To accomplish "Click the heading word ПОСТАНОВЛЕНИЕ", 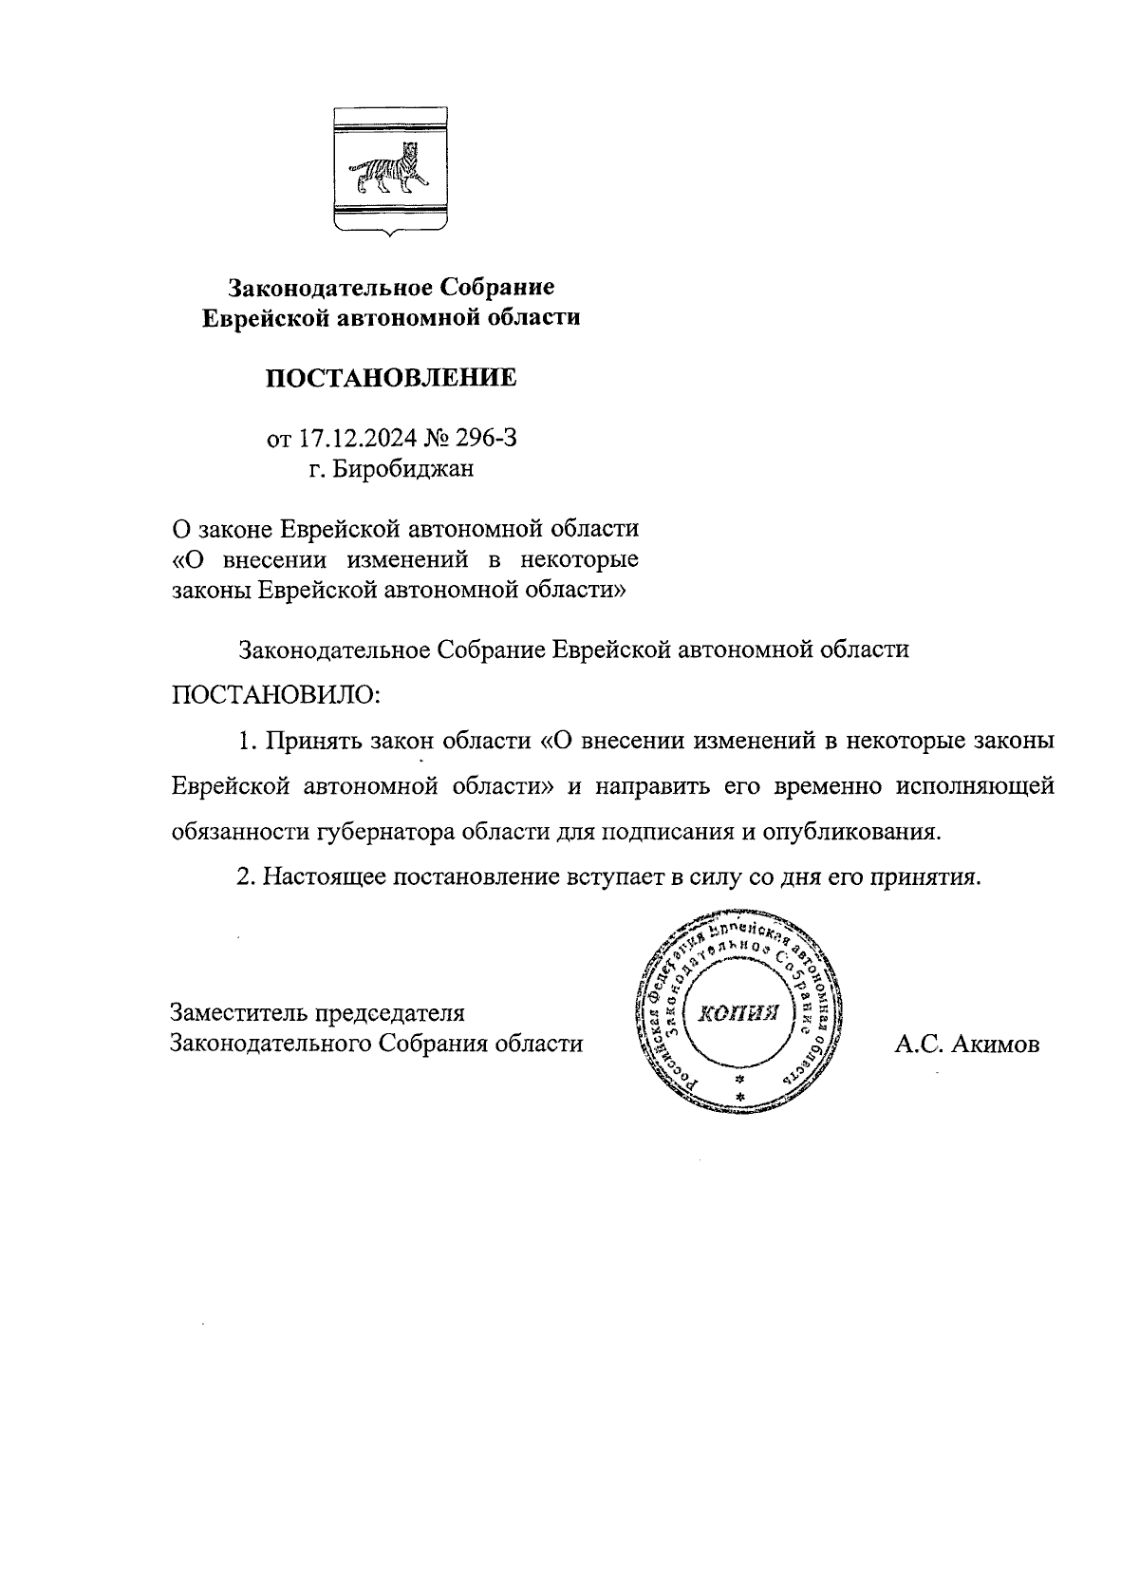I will pos(391,378).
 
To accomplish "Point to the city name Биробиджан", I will pos(402,468).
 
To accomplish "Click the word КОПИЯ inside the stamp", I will pos(738,1012).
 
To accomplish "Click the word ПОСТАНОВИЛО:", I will pos(275,694).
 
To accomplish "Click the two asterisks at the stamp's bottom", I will pos(739,1089).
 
